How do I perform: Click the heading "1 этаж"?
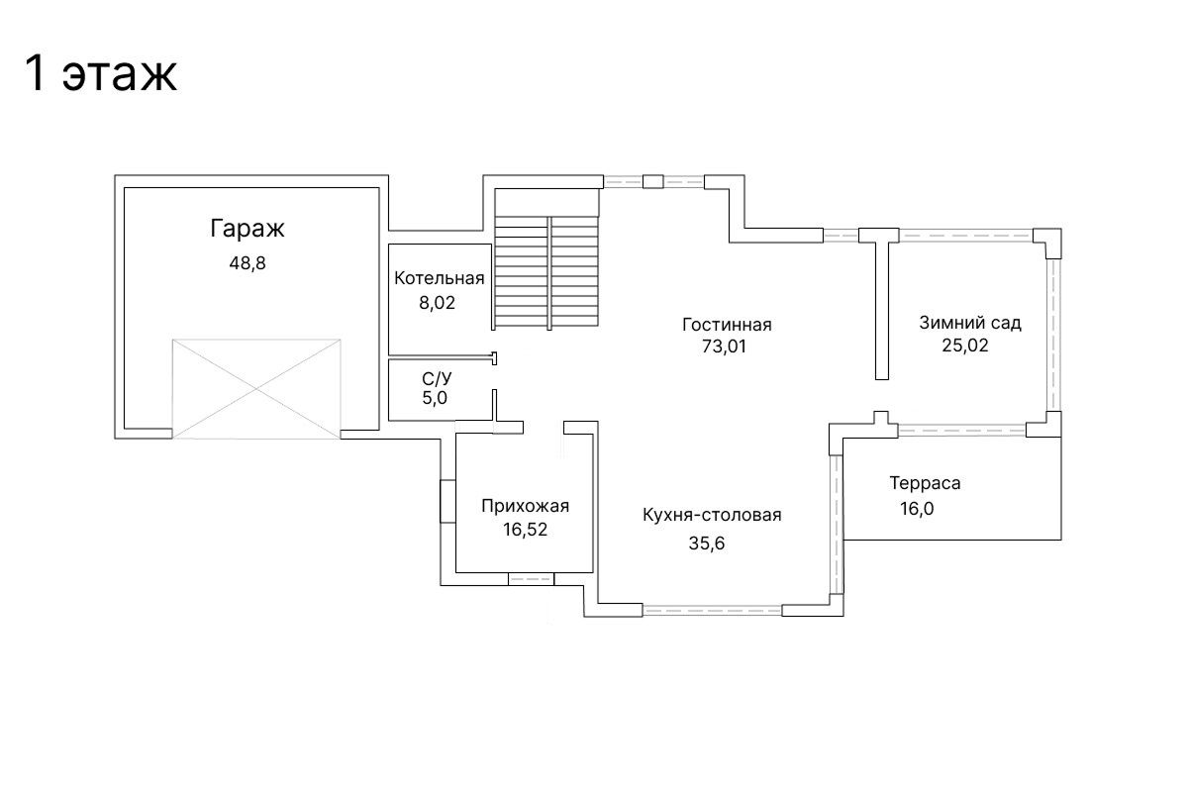(100, 73)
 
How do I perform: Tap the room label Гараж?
(247, 229)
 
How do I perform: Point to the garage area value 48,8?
(247, 263)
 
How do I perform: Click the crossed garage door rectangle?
(256, 389)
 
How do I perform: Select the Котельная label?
(440, 278)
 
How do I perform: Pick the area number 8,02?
(438, 303)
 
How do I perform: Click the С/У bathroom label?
(437, 379)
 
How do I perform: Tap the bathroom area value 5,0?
(435, 398)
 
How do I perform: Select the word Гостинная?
(727, 325)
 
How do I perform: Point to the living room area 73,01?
(724, 346)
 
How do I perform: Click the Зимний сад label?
(970, 323)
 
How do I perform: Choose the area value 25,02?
(965, 346)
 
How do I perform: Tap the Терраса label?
(925, 483)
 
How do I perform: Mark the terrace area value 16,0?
(917, 509)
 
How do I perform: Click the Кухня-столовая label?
(712, 515)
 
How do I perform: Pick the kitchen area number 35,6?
(707, 544)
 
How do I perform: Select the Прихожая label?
(525, 507)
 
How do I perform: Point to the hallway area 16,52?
(525, 530)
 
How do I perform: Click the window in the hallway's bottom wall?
(531, 579)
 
